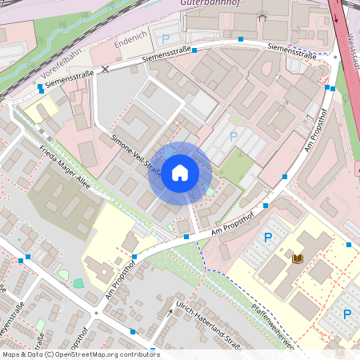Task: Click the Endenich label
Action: pyautogui.click(x=130, y=38)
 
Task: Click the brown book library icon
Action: pyautogui.click(x=298, y=258)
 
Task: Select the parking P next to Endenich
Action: pyautogui.click(x=166, y=38)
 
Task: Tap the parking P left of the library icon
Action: pyautogui.click(x=268, y=237)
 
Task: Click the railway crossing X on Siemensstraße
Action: pyautogui.click(x=105, y=70)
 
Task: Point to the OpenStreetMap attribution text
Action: pyautogui.click(x=80, y=354)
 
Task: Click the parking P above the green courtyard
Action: pyautogui.click(x=234, y=136)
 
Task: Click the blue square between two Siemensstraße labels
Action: pyautogui.click(x=241, y=38)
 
